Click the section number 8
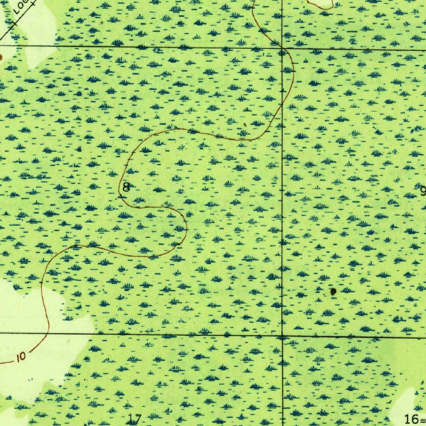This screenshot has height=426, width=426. [x=126, y=187]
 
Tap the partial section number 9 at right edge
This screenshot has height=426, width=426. [x=423, y=191]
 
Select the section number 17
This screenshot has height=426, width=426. [x=135, y=419]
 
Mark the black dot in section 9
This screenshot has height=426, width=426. [x=333, y=292]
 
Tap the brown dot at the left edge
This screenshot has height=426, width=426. [x=1, y=57]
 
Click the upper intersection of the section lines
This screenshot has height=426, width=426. [x=282, y=49]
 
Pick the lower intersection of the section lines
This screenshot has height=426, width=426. [x=282, y=335]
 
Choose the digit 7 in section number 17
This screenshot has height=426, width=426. [x=139, y=419]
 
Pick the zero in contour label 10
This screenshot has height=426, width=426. [x=23, y=356]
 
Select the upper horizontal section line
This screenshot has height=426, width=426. [x=166, y=47]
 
